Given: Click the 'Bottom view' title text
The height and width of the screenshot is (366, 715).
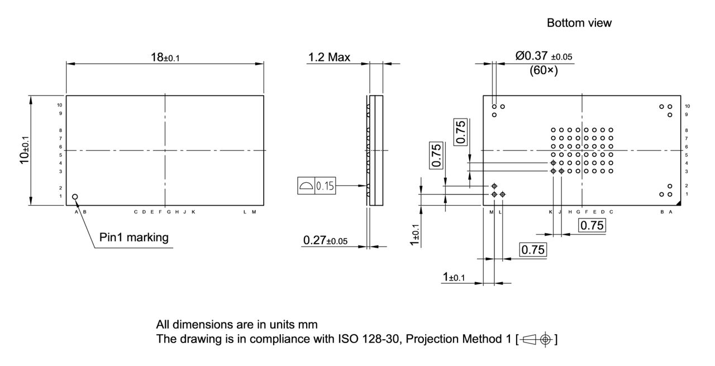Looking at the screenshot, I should point(579,23).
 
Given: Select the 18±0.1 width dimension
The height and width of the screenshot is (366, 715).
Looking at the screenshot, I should point(165,57).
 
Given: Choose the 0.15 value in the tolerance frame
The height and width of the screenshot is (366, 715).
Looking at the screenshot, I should point(326,186).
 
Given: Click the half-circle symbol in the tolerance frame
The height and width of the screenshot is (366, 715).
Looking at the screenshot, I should point(306,186).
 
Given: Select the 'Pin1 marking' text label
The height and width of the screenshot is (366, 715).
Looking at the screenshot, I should point(134,237).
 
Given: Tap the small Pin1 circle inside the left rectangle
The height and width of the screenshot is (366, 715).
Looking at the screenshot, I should point(75,197).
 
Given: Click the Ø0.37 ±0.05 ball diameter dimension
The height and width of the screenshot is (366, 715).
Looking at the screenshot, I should point(544,56).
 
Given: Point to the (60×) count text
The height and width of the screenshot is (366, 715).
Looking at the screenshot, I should point(544,71).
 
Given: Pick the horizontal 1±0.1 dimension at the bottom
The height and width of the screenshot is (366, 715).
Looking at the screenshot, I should point(453,277).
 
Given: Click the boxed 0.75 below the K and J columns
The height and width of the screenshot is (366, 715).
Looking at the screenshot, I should point(592,226).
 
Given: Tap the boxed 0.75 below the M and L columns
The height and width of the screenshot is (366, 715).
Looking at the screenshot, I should point(533,250).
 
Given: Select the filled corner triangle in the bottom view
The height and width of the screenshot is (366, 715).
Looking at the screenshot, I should point(678,202).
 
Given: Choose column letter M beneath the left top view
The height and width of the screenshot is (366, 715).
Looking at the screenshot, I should point(254,212).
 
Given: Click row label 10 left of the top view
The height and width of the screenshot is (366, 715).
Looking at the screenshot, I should point(60,105).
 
